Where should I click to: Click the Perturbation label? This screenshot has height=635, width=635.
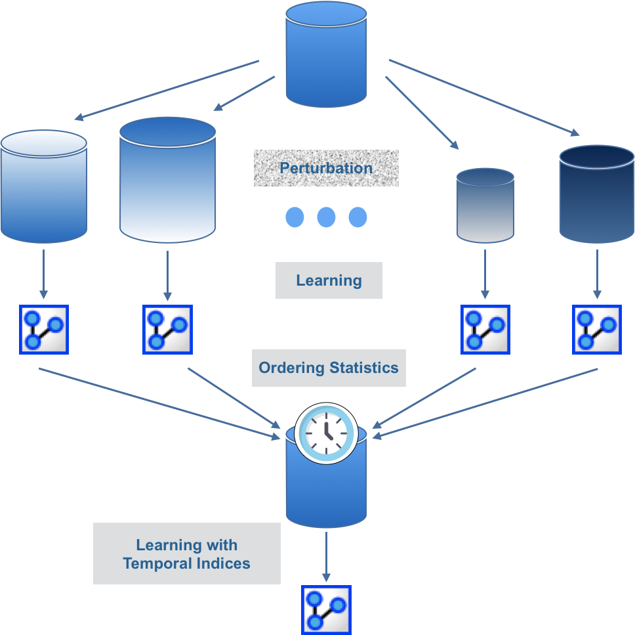[326, 168]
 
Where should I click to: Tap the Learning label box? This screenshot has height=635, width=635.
[329, 280]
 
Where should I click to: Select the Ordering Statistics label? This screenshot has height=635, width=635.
[329, 368]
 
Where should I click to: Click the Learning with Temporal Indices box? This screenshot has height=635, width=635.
[187, 554]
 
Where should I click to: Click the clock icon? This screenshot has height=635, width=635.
[327, 433]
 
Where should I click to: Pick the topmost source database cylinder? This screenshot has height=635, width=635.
[327, 55]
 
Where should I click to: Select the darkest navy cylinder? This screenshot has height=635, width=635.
[596, 194]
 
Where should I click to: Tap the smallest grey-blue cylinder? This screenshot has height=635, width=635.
[485, 206]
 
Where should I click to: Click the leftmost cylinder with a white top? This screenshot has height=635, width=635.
[44, 186]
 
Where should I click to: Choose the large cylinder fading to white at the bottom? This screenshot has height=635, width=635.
[168, 180]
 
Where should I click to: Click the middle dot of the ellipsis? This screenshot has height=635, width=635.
[327, 217]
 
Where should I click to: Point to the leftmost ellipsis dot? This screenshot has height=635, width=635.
[295, 217]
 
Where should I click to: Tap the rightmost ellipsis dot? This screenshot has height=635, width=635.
[358, 217]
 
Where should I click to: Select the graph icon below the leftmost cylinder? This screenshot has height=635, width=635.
[44, 330]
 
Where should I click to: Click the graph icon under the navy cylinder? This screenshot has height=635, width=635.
[596, 330]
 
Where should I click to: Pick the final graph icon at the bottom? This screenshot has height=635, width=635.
[327, 610]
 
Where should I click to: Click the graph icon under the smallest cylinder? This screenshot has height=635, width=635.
[485, 330]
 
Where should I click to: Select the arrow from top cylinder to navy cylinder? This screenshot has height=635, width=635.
[484, 98]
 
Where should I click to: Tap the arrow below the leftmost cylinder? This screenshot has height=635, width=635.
[44, 274]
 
